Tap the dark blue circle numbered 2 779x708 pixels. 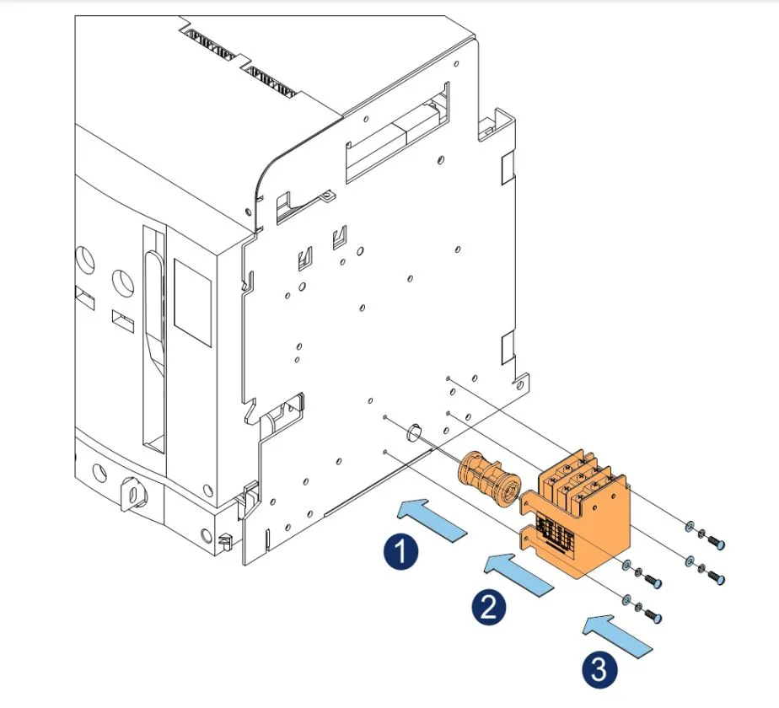488,606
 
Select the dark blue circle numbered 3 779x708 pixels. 598,671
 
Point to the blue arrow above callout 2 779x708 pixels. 519,573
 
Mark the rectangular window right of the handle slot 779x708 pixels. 191,301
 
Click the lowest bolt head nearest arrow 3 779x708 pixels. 653,619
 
